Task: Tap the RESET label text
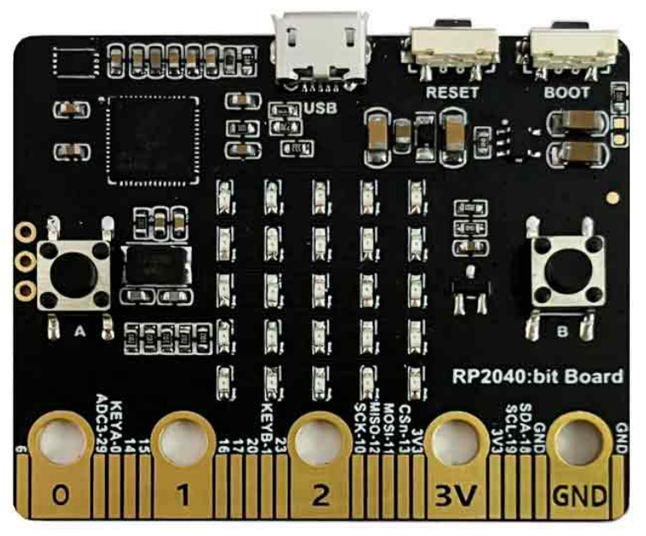453,92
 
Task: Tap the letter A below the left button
81,332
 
